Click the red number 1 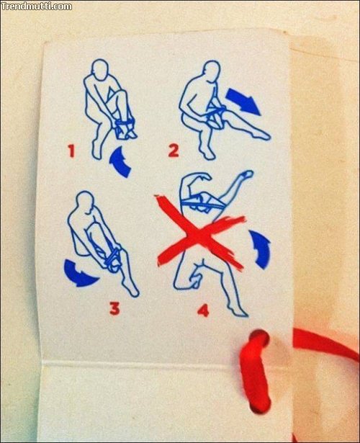click(72, 151)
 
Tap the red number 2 click(174, 151)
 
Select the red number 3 click(114, 308)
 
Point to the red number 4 click(204, 310)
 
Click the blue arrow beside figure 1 click(120, 162)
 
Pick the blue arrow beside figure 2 click(243, 101)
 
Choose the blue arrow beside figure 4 click(261, 249)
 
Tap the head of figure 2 click(212, 71)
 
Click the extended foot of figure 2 click(261, 136)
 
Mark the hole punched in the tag click(258, 339)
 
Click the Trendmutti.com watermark click(37, 6)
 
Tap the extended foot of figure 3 click(132, 290)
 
